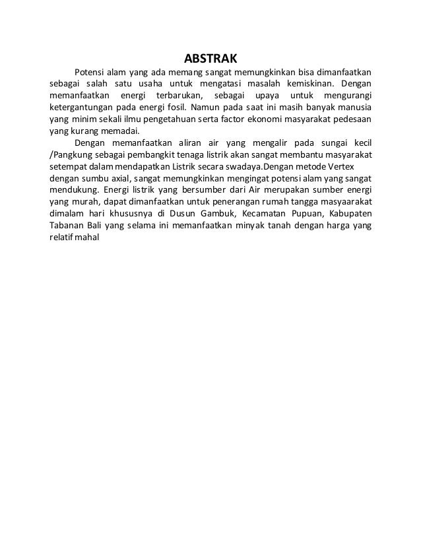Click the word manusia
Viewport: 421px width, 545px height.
point(354,108)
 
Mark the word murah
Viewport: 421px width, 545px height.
point(84,203)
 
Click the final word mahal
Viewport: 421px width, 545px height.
point(86,238)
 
